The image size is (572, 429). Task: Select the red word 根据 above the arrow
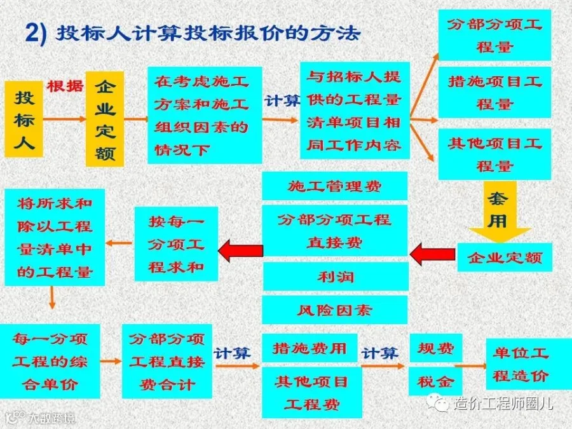pos(65,86)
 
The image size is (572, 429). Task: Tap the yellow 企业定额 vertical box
pos(104,119)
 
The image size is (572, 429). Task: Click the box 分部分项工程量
pos(494,36)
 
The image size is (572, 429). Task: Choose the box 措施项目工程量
pos(494,92)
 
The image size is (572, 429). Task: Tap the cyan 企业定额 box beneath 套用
pos(505,257)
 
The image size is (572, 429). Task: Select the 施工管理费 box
pos(335,186)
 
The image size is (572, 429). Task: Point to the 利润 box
pos(335,277)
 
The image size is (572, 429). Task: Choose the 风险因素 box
pos(335,310)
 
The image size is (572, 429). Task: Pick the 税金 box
pos(435,381)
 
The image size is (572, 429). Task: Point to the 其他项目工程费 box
pos(311,392)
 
